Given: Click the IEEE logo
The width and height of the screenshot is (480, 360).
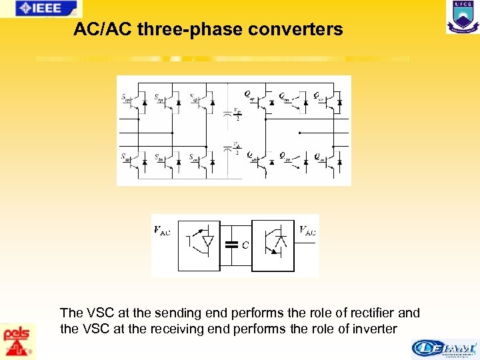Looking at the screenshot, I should tap(41, 9).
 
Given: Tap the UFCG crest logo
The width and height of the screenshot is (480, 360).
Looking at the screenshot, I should tap(463, 17).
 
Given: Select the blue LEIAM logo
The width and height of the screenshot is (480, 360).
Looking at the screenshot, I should tap(444, 349).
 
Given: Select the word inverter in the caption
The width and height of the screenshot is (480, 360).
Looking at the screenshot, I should tap(374, 329).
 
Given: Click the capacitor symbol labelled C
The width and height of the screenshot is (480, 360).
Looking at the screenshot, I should tap(231, 245).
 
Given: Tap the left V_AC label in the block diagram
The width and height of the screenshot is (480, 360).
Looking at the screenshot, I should tap(162, 231).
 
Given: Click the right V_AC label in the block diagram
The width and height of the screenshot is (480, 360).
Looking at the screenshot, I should tap(307, 231).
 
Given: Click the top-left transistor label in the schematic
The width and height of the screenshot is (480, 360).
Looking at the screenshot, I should tap(126, 98).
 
